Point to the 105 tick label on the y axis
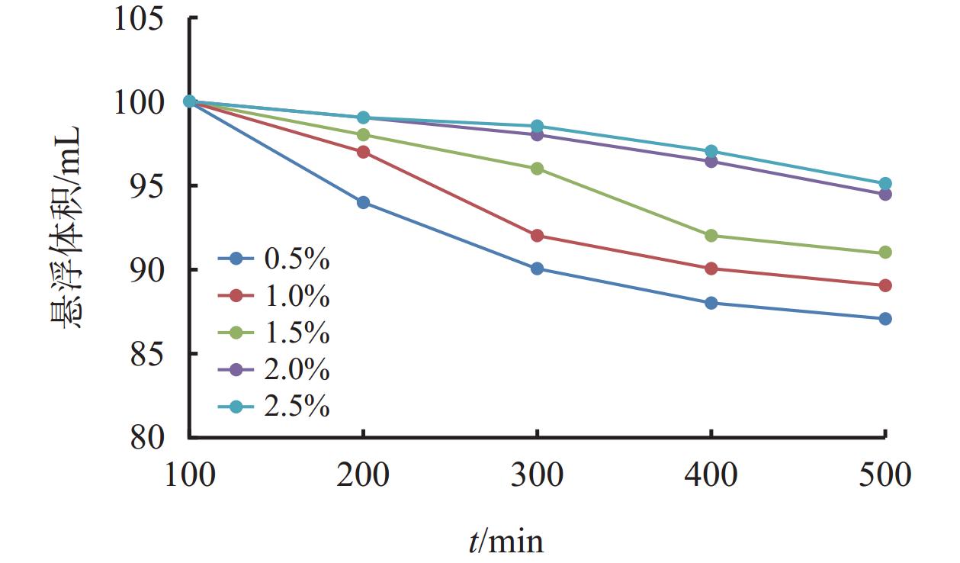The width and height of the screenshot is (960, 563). (x=139, y=18)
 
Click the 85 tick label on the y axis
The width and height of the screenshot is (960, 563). (x=148, y=354)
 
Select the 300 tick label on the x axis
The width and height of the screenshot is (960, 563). (x=537, y=475)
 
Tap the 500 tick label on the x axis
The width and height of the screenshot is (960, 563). (x=885, y=475)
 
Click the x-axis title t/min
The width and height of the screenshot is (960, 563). (x=506, y=541)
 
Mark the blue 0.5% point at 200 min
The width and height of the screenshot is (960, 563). (x=363, y=202)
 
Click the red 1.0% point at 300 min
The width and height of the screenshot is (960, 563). (x=537, y=236)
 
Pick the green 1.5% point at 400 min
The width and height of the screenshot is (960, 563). (x=711, y=236)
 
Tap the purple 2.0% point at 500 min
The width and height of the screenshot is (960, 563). (x=885, y=194)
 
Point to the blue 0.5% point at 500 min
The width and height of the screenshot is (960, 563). (x=885, y=319)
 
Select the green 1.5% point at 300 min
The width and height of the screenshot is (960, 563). (x=537, y=169)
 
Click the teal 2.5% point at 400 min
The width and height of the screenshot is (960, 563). (x=711, y=151)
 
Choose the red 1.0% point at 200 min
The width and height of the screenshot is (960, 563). (x=363, y=152)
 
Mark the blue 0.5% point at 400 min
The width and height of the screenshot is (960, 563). (x=711, y=303)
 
